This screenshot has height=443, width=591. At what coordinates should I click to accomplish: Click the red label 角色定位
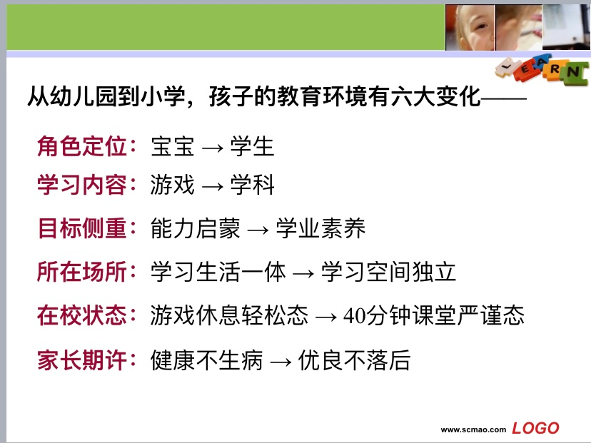click(82, 146)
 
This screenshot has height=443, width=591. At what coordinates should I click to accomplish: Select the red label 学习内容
click(82, 185)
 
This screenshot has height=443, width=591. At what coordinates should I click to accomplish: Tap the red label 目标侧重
click(82, 228)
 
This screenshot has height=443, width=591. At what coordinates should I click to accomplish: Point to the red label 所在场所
click(82, 272)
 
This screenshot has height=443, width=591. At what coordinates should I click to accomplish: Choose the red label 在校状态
click(82, 315)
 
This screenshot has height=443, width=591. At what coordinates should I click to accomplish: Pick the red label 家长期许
click(82, 360)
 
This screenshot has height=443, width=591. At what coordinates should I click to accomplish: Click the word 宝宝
click(173, 146)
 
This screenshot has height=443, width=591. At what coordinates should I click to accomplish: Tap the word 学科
click(252, 185)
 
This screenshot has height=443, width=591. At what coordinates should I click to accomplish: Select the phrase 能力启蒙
click(196, 228)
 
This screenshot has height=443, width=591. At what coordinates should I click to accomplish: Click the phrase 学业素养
click(320, 228)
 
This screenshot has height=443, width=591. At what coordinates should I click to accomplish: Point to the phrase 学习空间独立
click(388, 272)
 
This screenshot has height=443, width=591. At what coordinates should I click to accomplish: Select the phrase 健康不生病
click(206, 360)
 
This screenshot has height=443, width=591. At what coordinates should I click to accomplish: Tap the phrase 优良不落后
click(354, 360)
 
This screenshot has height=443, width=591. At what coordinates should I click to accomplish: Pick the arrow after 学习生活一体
click(303, 273)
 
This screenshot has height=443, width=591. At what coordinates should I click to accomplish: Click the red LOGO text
click(535, 428)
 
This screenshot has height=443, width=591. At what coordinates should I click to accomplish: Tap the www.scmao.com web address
click(473, 430)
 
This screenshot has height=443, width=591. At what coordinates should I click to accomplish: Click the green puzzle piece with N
click(574, 72)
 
